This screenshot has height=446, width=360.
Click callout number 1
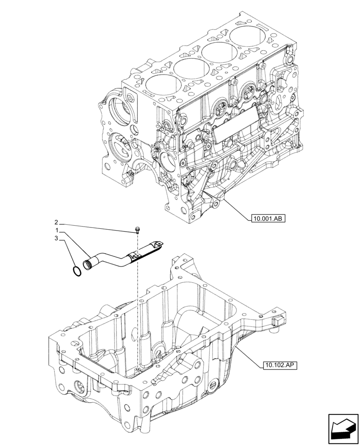tap(57, 230)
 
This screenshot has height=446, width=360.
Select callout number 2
tap(57, 222)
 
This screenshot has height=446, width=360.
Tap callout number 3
tap(57, 239)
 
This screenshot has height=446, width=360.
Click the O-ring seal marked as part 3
tap(77, 270)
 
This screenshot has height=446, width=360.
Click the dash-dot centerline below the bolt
tap(138, 303)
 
